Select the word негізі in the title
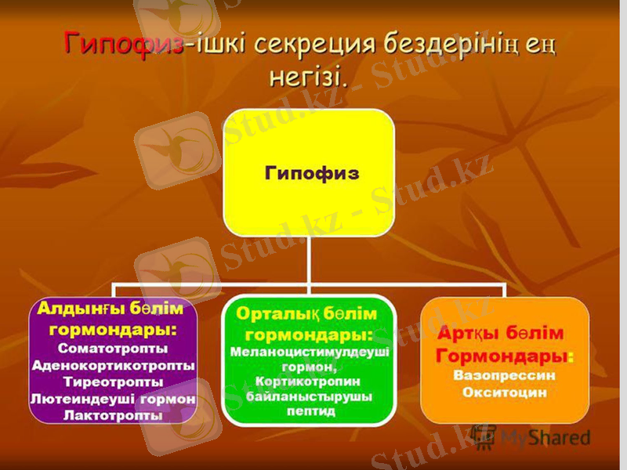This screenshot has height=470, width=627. (x=307, y=76)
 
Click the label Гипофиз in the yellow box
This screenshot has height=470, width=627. (x=311, y=173)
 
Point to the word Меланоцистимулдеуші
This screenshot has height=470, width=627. (x=310, y=352)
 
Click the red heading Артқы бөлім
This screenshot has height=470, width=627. (x=499, y=334)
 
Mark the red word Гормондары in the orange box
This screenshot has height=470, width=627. (x=502, y=356)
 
